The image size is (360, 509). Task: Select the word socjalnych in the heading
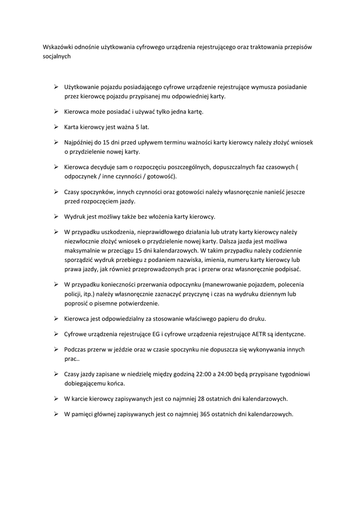click(x=57, y=57)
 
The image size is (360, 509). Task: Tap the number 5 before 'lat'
click(x=130, y=127)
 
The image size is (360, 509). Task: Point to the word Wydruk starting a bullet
click(x=75, y=217)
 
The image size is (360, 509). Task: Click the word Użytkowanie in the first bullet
click(x=81, y=87)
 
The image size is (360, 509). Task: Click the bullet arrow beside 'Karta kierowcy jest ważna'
click(x=57, y=127)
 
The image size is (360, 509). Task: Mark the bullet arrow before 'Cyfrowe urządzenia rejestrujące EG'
click(x=57, y=334)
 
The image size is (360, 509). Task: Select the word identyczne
click(x=288, y=334)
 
